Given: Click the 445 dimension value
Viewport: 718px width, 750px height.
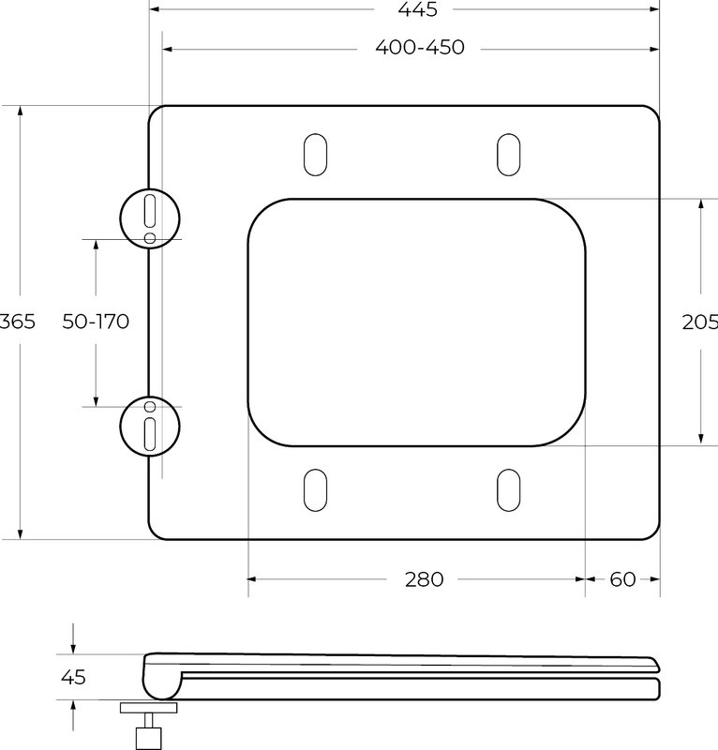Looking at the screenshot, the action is (418, 9).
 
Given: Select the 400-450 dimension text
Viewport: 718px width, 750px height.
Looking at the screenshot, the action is (420, 48).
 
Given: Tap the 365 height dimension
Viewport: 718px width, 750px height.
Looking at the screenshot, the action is (18, 322).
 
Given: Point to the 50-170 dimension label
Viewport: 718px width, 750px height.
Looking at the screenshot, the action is (96, 322).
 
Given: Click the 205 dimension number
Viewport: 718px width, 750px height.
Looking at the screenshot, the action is (700, 322).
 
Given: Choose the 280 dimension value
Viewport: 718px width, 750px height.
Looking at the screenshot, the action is (425, 579).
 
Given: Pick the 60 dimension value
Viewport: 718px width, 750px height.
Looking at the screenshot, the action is (622, 579).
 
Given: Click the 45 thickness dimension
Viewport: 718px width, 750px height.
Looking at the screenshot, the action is (73, 677).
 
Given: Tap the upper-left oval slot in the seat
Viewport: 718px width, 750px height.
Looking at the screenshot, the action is (316, 155).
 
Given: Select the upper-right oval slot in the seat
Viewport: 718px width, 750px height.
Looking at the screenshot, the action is (508, 155).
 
